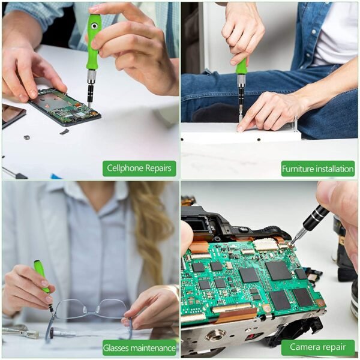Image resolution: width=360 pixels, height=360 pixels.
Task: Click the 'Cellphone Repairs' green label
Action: tap(139, 169)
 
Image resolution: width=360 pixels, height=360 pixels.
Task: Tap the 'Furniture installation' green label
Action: tap(318, 169)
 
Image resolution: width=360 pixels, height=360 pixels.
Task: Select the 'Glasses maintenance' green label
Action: tap(139, 347)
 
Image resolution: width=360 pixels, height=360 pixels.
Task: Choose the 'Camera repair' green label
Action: tap(318, 347)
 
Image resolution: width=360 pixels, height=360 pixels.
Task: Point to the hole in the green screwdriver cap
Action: tap(94, 26)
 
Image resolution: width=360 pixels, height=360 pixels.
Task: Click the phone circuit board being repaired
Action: tap(63, 106)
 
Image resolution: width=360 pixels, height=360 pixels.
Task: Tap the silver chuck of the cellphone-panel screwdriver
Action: tap(91, 76)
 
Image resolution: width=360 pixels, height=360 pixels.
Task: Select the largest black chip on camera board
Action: tap(279, 270)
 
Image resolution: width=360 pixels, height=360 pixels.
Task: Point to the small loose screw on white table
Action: tap(26, 137)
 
